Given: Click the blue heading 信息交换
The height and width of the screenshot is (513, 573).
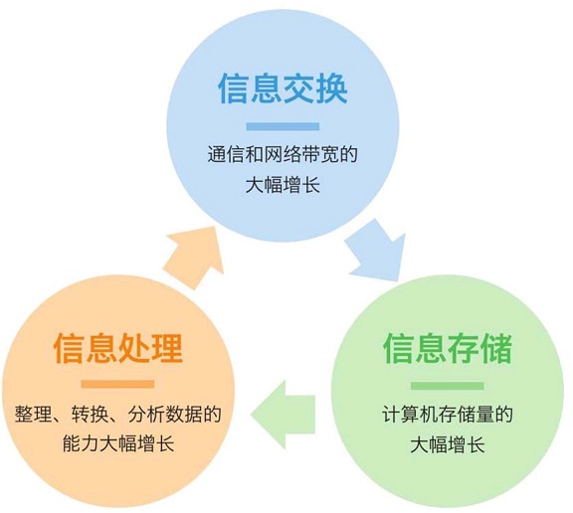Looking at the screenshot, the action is (283, 88).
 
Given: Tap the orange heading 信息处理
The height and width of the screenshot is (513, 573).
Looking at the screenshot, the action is (118, 348).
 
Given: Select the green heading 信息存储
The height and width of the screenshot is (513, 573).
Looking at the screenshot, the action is (448, 348).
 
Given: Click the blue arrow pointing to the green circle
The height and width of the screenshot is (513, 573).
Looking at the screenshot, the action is (376, 252).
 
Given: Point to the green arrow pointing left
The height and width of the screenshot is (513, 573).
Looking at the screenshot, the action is (283, 415).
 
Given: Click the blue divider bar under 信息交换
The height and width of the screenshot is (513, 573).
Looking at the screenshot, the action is (283, 126).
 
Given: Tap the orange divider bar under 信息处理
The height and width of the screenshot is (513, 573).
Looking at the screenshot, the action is (117, 385).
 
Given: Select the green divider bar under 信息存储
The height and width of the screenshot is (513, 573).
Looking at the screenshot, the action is (448, 386).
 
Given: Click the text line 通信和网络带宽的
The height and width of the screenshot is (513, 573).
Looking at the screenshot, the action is (283, 154).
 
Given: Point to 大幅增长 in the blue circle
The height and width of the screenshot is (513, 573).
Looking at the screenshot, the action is (283, 184).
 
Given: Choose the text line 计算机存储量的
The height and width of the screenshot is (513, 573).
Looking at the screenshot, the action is (448, 414).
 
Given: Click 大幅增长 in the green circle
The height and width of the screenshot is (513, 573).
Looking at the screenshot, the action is (448, 444).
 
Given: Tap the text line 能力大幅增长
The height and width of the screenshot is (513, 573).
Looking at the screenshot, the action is (118, 443).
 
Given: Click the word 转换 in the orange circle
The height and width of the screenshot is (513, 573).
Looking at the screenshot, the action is (90, 414).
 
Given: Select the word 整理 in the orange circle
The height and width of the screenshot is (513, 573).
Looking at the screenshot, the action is (33, 414).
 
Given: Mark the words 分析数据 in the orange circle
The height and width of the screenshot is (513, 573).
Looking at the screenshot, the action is (165, 414).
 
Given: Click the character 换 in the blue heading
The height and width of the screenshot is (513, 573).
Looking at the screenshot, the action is (332, 88).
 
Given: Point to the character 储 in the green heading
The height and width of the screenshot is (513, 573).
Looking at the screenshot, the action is (496, 348).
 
